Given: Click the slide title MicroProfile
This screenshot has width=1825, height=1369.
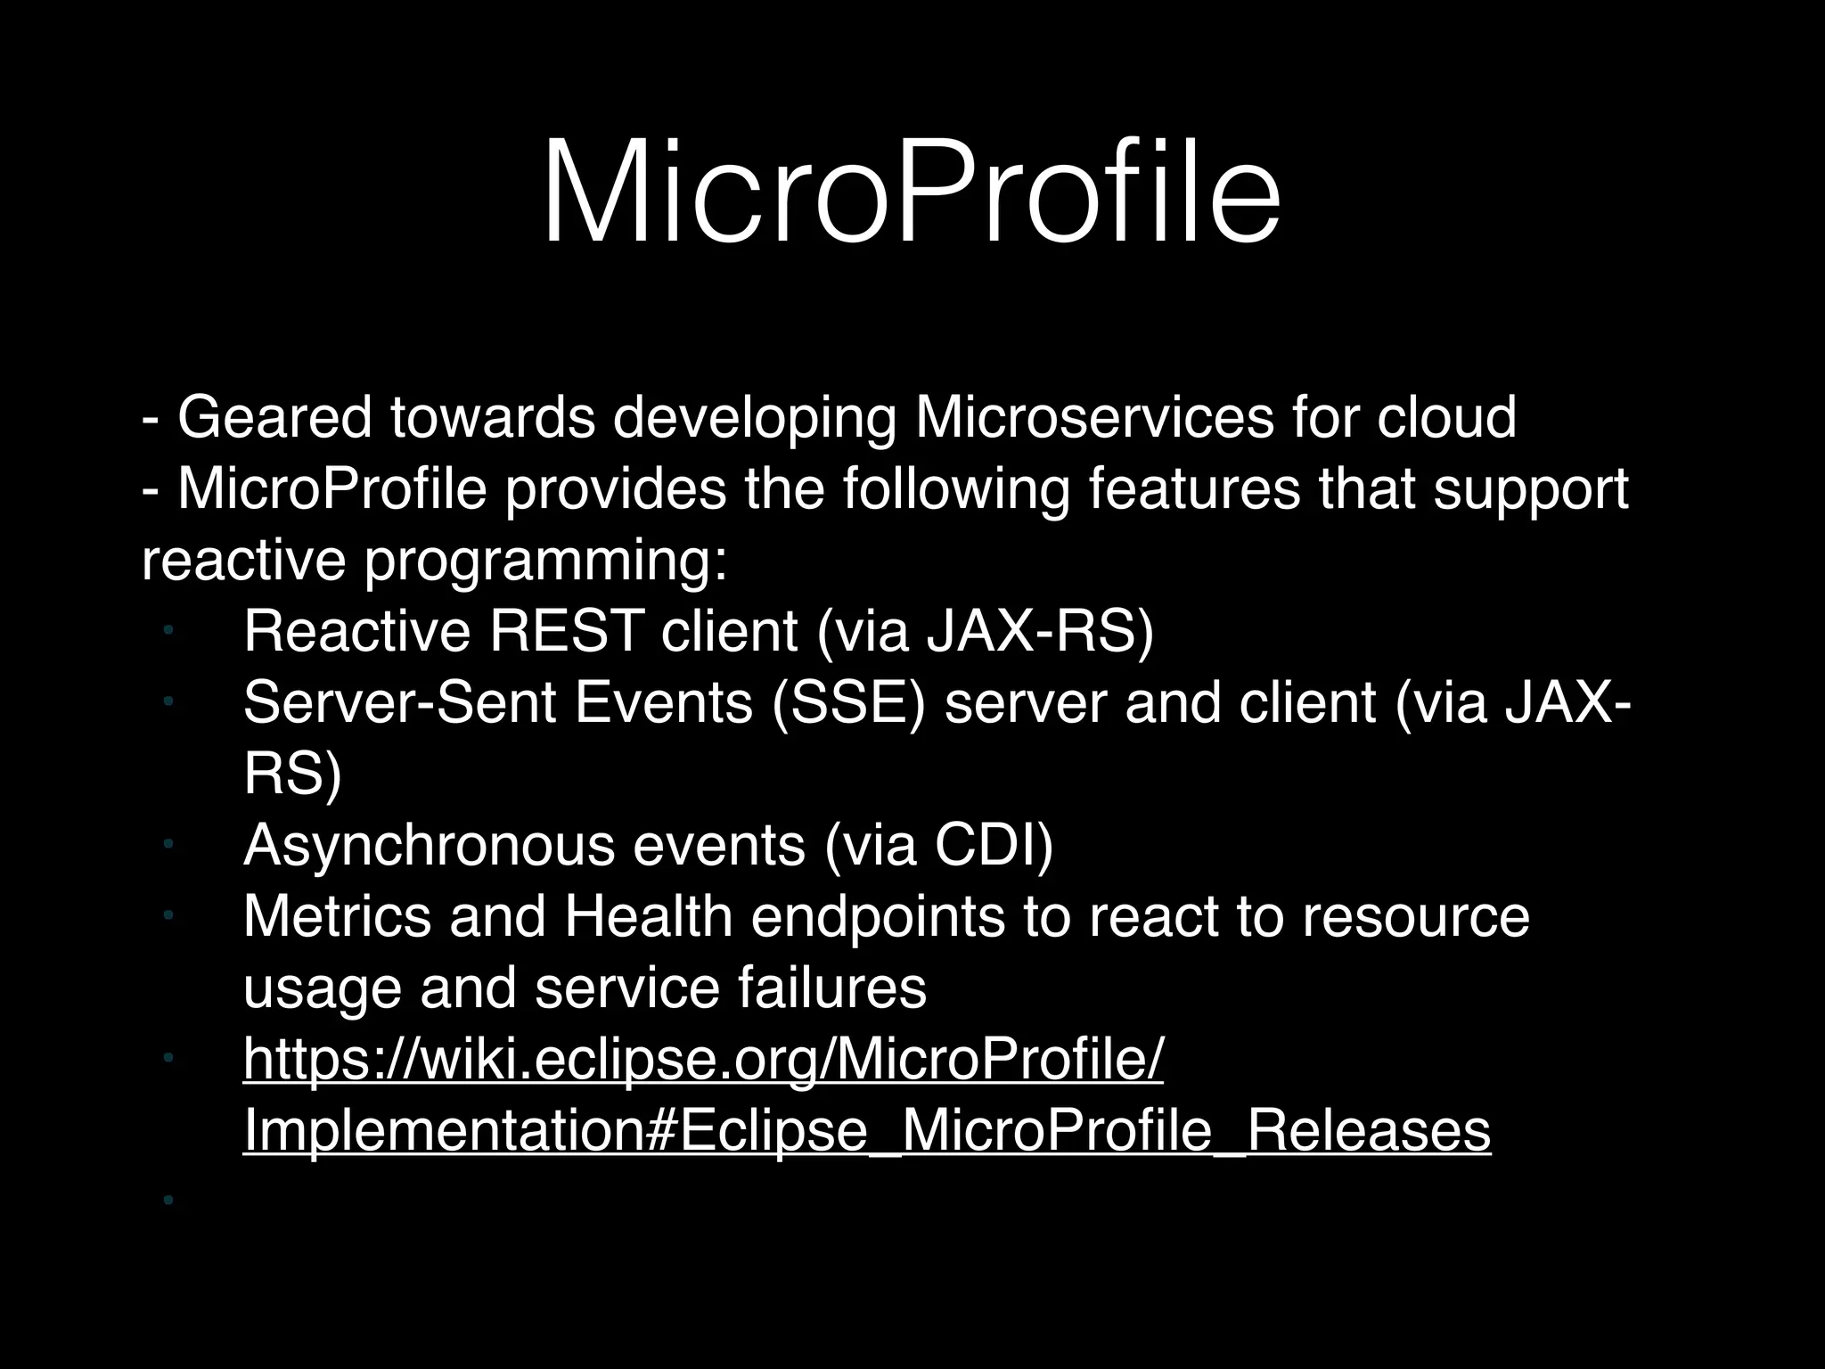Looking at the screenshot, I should coord(911,192).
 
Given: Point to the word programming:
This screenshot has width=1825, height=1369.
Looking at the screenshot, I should coord(546,562).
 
